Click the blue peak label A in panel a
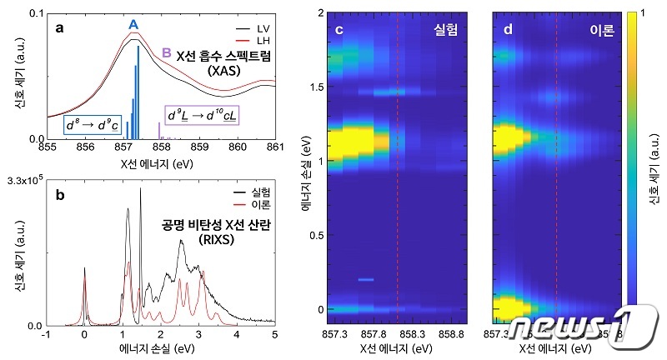tap(133, 26)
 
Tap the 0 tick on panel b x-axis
tap(83, 334)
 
